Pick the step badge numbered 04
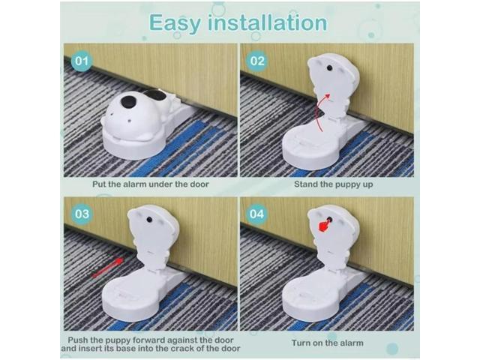(257, 214)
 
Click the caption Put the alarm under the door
(150, 183)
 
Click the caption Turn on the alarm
(327, 343)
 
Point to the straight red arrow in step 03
(108, 267)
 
